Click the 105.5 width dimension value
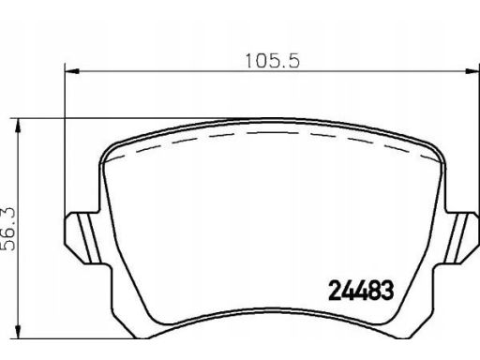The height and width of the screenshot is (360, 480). pos(273,61)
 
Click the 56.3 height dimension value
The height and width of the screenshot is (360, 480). pos(8,229)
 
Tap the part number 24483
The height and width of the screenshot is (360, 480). pos(361,291)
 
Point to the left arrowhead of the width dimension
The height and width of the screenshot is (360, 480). pos(71,71)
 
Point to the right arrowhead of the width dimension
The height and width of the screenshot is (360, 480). pos(472,71)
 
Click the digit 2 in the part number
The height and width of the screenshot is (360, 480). pos(335,291)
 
